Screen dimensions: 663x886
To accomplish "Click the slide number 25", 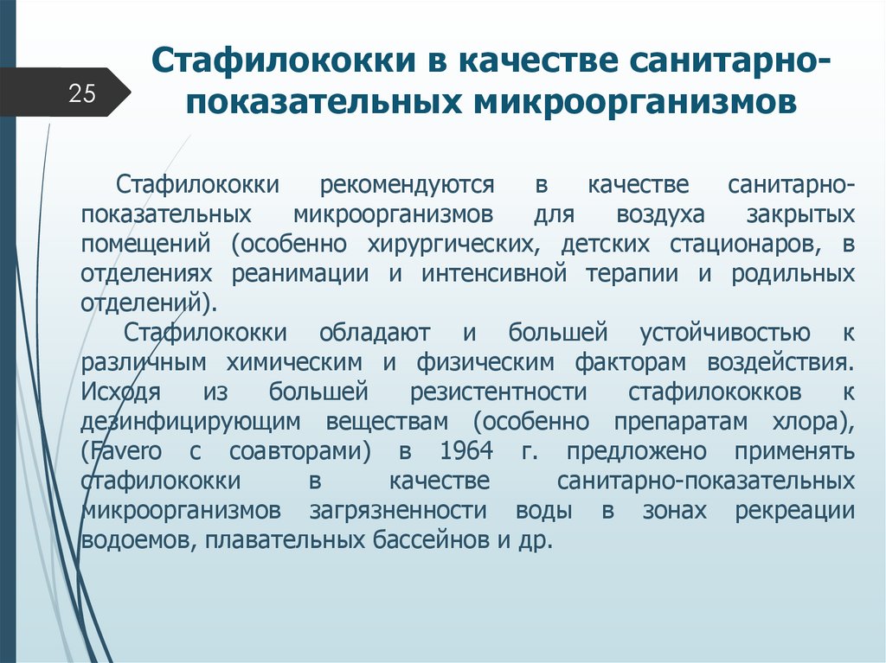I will tap(82, 93).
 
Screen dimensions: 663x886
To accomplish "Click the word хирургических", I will tap(465, 245).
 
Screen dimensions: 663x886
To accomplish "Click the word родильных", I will tap(793, 275).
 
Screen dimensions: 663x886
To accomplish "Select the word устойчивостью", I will tap(725, 333).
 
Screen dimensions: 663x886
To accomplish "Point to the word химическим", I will tap(298, 361).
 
